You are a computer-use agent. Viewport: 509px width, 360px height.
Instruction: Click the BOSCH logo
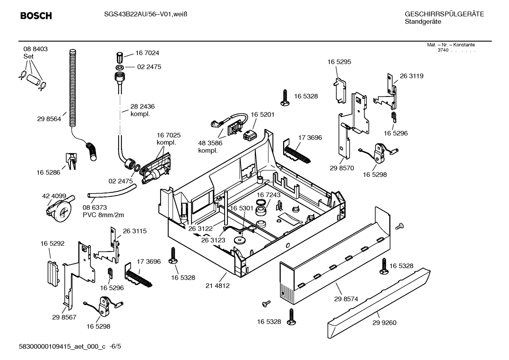[36, 16]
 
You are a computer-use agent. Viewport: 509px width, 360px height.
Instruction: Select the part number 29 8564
[49, 119]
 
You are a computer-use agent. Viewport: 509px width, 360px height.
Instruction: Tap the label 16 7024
[147, 53]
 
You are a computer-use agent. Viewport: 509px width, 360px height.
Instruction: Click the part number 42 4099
[54, 196]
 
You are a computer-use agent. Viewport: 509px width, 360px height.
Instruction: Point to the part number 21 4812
[217, 286]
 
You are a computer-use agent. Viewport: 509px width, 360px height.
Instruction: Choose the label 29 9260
[384, 323]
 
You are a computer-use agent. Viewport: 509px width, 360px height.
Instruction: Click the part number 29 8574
[346, 299]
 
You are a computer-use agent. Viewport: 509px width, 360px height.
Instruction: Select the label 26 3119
[412, 76]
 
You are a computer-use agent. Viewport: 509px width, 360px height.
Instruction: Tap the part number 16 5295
[339, 62]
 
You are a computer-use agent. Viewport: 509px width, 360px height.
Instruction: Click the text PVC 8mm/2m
[103, 215]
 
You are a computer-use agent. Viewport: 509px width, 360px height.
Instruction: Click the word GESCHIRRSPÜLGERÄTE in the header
[444, 14]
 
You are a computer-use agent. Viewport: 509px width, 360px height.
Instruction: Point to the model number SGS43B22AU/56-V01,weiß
[146, 14]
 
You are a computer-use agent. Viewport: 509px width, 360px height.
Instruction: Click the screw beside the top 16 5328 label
[285, 98]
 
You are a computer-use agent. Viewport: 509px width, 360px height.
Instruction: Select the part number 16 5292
[53, 243]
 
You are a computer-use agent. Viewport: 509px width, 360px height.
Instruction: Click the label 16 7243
[269, 195]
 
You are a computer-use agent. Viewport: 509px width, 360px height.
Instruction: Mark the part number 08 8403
[35, 49]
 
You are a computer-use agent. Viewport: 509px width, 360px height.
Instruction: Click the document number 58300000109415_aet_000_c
[62, 347]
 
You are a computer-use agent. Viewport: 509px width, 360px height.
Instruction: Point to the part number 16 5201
[263, 114]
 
